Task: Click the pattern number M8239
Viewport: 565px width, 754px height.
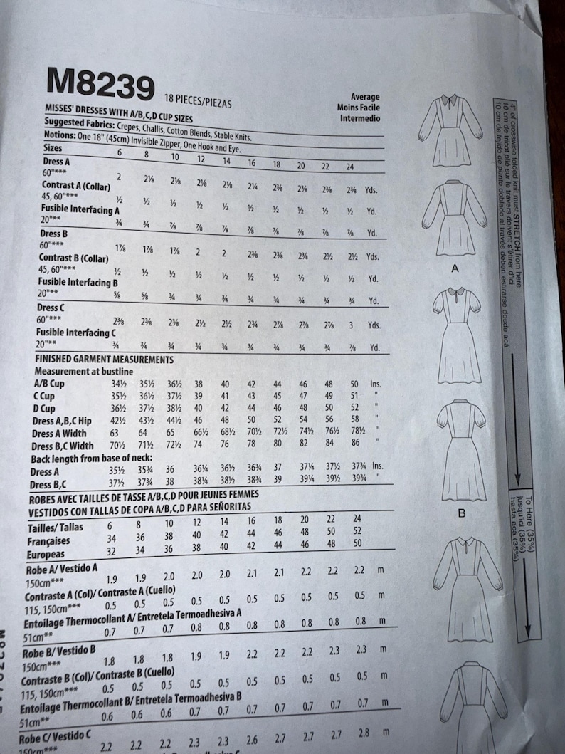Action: [x=100, y=83]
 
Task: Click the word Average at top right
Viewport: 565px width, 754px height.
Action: [x=365, y=97]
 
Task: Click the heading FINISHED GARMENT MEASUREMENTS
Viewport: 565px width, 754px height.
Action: [x=104, y=360]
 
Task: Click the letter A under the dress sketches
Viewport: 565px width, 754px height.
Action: [x=454, y=268]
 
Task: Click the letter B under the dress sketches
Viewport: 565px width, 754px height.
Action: [x=461, y=512]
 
